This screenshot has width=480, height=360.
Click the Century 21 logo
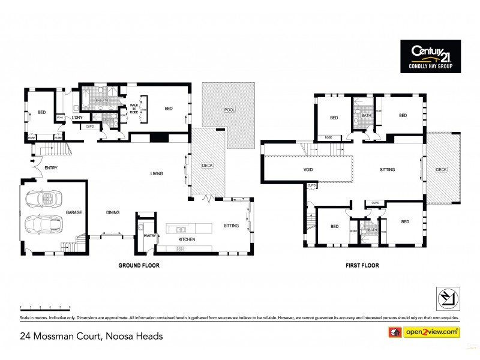[430, 56]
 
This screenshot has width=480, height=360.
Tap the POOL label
[229, 110]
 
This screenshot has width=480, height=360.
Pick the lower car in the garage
[45, 226]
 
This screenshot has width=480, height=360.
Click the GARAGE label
[74, 213]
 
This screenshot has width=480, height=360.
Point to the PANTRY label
[150, 236]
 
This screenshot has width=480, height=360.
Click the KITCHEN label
[187, 239]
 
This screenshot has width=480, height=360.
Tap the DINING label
[112, 212]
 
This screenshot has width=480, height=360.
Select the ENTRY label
[50, 168]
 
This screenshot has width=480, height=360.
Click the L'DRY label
[77, 118]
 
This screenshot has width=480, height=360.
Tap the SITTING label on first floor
[388, 170]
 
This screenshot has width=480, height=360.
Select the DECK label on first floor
[441, 170]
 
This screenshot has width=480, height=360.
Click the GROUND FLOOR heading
[139, 265]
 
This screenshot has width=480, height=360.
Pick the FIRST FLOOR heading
[362, 265]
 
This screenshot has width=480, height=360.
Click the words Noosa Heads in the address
[134, 336]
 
